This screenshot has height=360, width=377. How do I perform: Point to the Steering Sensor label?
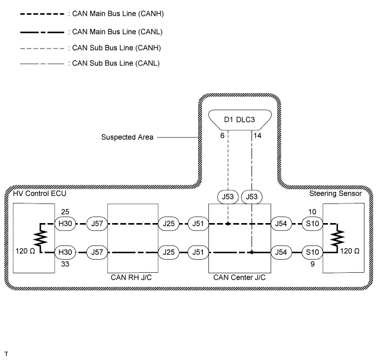point(337,194)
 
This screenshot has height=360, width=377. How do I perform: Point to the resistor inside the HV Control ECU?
point(40,238)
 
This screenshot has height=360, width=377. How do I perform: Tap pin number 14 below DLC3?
point(258,136)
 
